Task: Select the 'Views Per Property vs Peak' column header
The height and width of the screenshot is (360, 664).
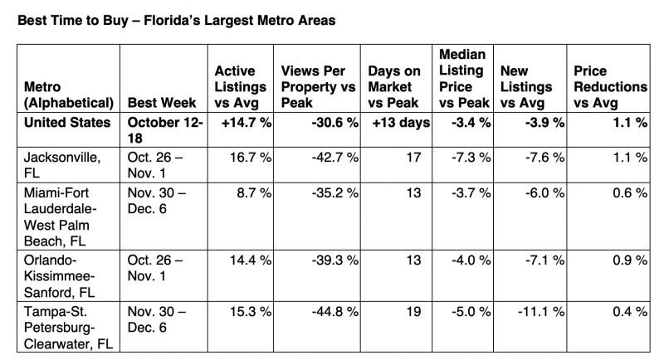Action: click(319, 87)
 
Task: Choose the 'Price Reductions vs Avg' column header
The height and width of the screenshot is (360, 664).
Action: click(608, 87)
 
